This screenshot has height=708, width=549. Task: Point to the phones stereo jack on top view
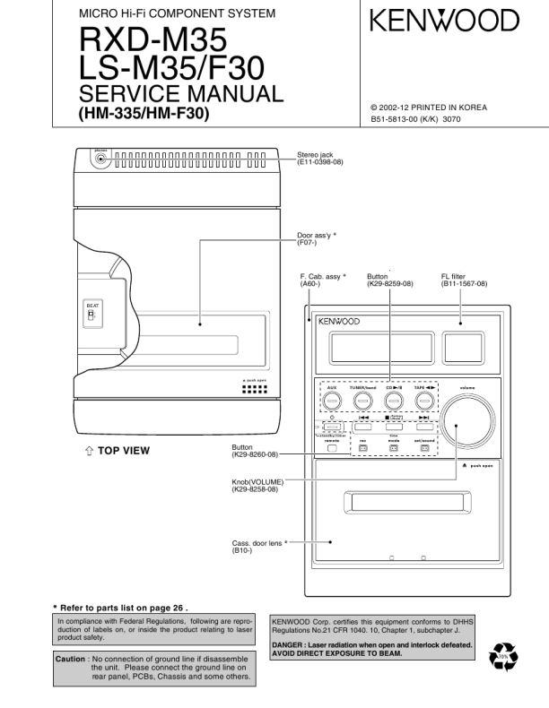click(x=100, y=160)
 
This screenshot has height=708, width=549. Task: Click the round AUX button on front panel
click(x=332, y=400)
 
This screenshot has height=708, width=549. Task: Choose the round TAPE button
click(x=423, y=400)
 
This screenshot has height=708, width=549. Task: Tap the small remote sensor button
click(x=331, y=448)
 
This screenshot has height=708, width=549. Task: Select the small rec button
click(x=363, y=448)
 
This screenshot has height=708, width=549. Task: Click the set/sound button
click(x=424, y=448)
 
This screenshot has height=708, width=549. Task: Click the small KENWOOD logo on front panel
click(x=338, y=321)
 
